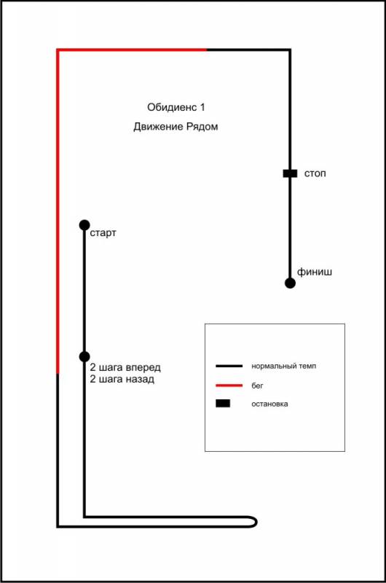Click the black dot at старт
pyautogui.click(x=84, y=225)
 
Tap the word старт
pyautogui.click(x=103, y=233)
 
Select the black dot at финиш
pyautogui.click(x=290, y=283)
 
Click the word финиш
pyautogui.click(x=315, y=272)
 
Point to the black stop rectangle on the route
pyautogui.click(x=290, y=173)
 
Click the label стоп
pyautogui.click(x=315, y=173)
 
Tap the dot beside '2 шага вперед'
pyautogui.click(x=84, y=356)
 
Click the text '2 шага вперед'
pyautogui.click(x=125, y=368)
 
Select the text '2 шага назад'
pyautogui.click(x=122, y=379)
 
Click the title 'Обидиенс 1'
pyautogui.click(x=176, y=107)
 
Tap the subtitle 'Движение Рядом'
pyautogui.click(x=176, y=127)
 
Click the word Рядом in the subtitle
pyautogui.click(x=202, y=127)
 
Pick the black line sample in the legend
pyautogui.click(x=229, y=367)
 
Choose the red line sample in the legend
pyautogui.click(x=229, y=386)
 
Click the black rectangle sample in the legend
pyautogui.click(x=223, y=404)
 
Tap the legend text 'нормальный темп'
pyautogui.click(x=284, y=367)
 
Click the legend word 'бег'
pyautogui.click(x=257, y=386)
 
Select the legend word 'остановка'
pyautogui.click(x=269, y=404)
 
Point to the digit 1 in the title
pyautogui.click(x=202, y=107)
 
